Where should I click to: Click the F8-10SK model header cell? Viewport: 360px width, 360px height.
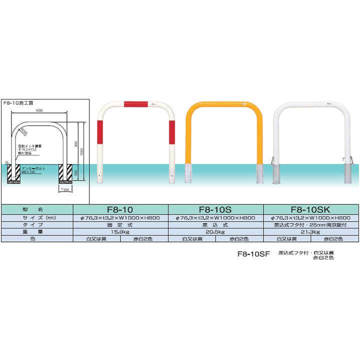[x=311, y=210]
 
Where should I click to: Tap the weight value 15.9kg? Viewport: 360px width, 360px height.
[x=121, y=232]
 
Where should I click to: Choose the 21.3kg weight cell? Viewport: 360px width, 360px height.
[x=311, y=232]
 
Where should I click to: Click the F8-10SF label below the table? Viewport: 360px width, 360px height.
[x=254, y=253]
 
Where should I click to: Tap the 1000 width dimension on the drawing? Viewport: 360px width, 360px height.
[x=38, y=111]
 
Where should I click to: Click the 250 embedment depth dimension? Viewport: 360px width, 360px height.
[x=76, y=172]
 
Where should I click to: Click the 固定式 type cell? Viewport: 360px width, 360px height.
[x=121, y=225]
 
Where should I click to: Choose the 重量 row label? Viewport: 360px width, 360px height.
[x=36, y=232]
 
